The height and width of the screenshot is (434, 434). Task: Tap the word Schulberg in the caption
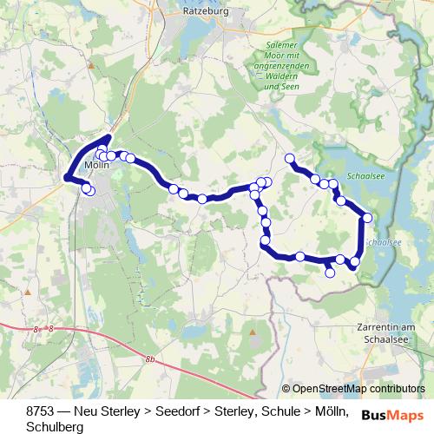pos(55,427)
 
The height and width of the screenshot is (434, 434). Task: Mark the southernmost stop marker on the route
pos(330,273)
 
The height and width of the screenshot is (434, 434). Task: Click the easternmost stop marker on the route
pos(367,218)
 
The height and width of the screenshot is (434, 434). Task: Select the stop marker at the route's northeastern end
pos(290,159)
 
